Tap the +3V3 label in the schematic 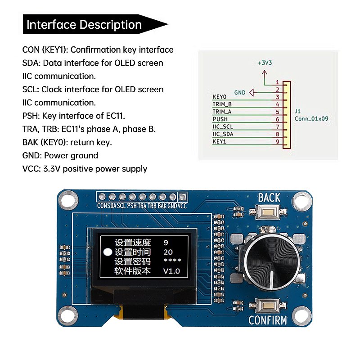click(264, 63)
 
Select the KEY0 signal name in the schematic click(219, 97)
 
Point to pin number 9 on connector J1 click(278, 142)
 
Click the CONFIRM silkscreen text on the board click(268, 321)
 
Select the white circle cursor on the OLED click(108, 252)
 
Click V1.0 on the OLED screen click(171, 271)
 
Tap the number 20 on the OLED click(168, 252)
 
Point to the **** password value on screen click(172, 261)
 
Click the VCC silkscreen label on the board click(182, 206)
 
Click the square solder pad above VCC click(183, 197)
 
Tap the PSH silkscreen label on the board click(131, 206)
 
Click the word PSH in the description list click(31, 116)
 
